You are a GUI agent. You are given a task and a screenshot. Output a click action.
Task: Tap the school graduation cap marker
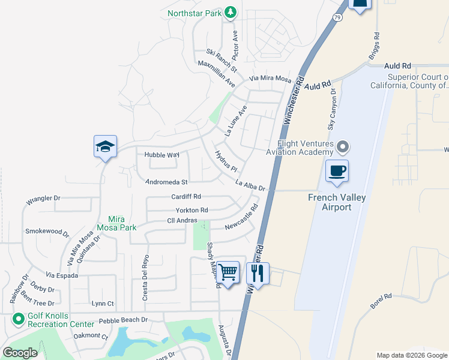click(105, 146)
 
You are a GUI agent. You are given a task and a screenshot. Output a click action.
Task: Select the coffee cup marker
click(337, 170)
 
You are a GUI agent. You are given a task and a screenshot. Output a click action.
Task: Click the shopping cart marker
click(228, 272)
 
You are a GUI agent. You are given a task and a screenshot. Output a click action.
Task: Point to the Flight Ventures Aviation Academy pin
click(343, 146)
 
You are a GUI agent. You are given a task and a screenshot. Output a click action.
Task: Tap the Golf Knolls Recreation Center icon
click(17, 320)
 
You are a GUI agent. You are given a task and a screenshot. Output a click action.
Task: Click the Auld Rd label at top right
click(398, 65)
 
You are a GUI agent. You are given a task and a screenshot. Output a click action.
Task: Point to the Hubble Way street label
click(162, 155)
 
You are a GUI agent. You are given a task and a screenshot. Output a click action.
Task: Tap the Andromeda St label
click(167, 182)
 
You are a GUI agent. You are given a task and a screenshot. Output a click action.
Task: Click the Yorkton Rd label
click(191, 210)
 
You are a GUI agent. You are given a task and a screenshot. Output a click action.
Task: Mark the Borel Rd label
click(381, 301)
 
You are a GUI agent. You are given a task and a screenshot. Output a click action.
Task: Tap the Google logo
click(20, 352)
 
